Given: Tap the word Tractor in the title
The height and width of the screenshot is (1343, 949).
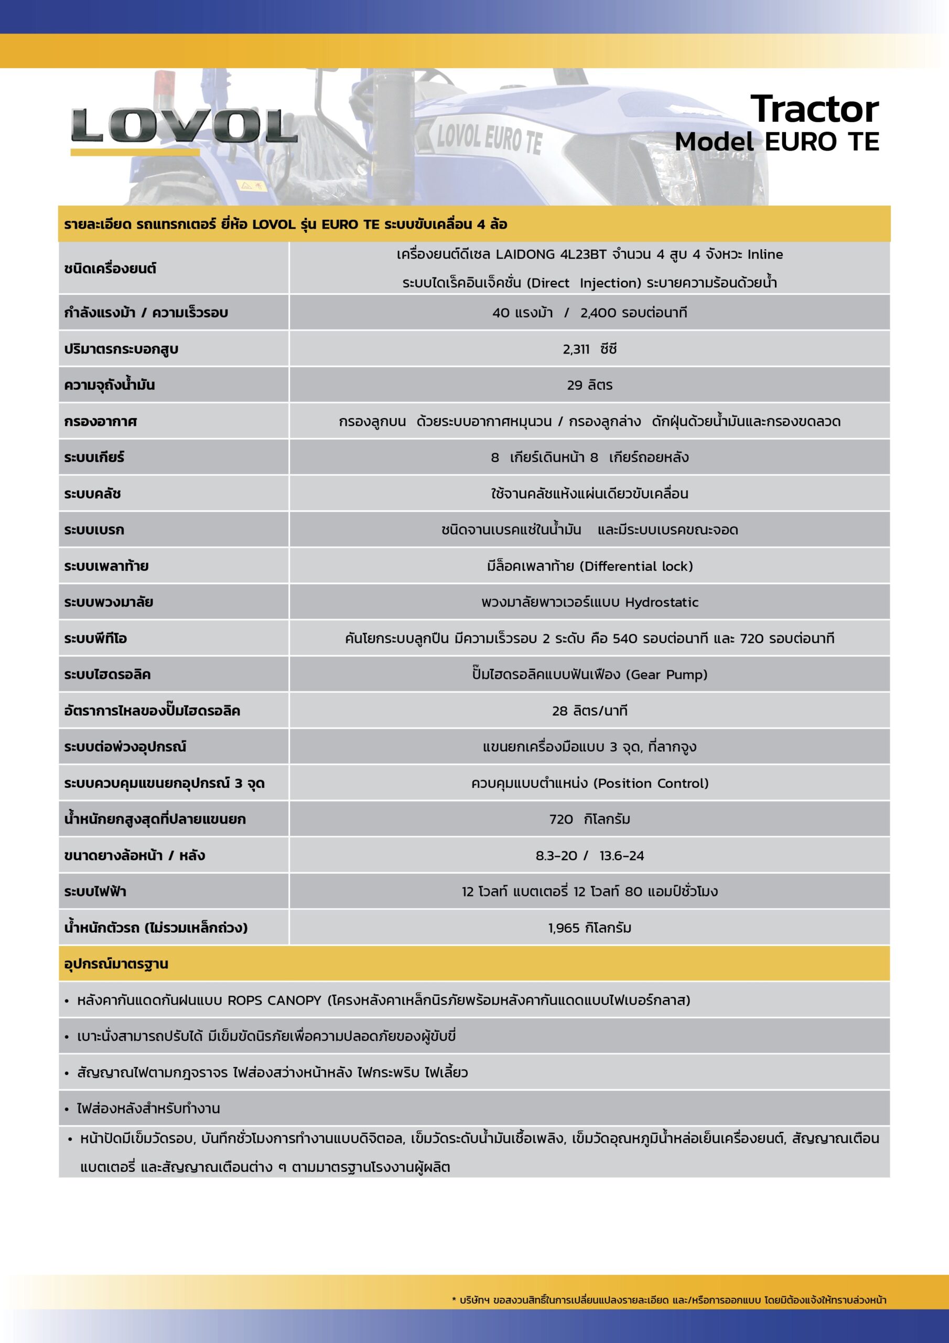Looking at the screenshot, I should [814, 110].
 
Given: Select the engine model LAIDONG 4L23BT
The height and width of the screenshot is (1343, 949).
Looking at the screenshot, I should [549, 254].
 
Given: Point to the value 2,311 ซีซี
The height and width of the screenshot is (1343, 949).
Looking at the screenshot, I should [589, 349].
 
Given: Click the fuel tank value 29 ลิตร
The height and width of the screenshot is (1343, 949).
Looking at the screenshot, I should [589, 386].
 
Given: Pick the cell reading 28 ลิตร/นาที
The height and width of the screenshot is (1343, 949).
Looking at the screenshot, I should [589, 711].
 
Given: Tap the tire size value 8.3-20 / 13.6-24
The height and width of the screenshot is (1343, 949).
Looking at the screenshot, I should [589, 856].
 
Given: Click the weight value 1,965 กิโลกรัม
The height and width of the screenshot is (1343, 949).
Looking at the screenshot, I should [589, 928].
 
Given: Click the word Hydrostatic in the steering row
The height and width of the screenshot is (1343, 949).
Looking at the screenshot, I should [662, 602].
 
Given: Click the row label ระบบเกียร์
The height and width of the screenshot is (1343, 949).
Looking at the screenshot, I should [94, 457].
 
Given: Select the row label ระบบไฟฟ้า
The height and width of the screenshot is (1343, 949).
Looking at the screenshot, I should [95, 892].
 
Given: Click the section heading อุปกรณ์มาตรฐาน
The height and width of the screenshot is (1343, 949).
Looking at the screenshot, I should [116, 964].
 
